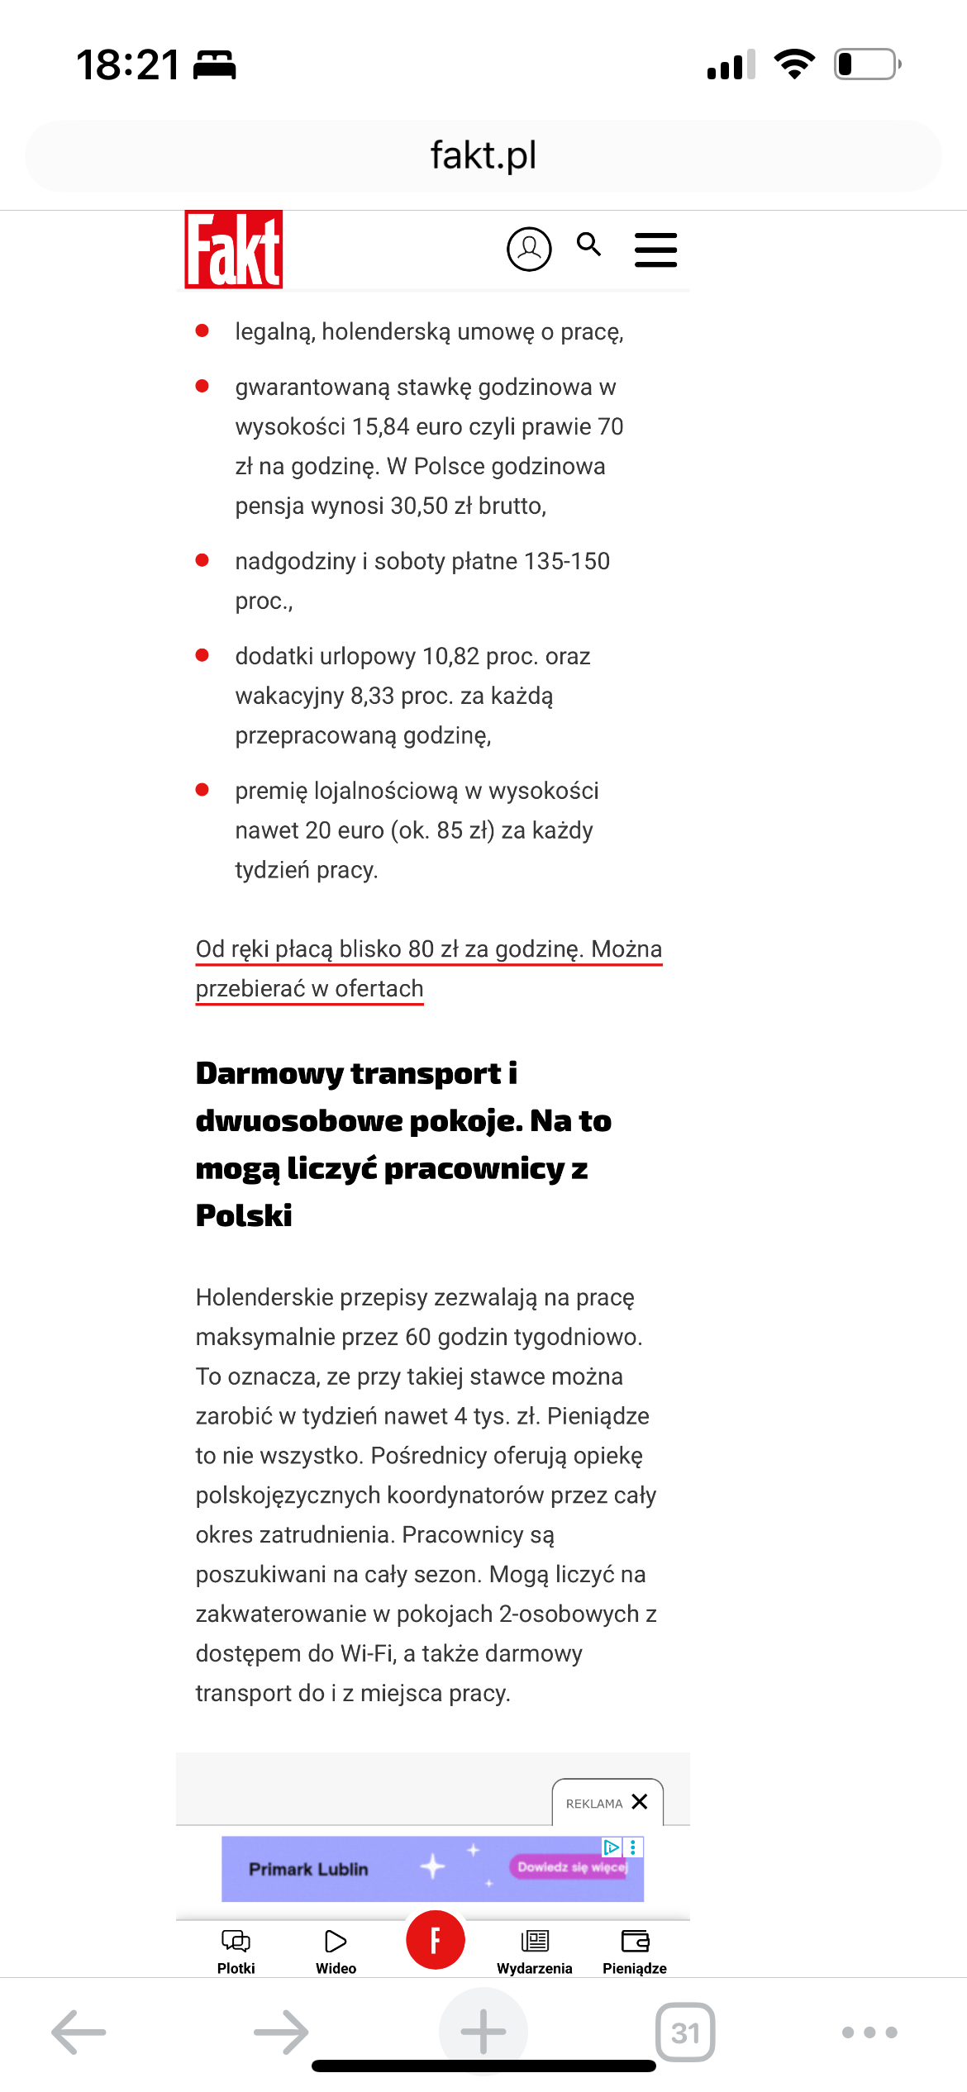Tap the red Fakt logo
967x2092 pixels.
coord(234,250)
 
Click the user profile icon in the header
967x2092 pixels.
coord(529,249)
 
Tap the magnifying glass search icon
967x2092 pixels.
coord(589,245)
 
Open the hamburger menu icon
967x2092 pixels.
coord(655,250)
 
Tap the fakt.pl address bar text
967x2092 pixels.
coord(483,155)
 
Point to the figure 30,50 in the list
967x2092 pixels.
coord(419,506)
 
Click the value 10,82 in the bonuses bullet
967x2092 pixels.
coord(450,656)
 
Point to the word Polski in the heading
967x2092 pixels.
coord(244,1215)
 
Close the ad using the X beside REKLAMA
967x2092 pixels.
coord(640,1801)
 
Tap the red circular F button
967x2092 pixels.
coord(436,1940)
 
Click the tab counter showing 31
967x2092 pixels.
coord(685,2033)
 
